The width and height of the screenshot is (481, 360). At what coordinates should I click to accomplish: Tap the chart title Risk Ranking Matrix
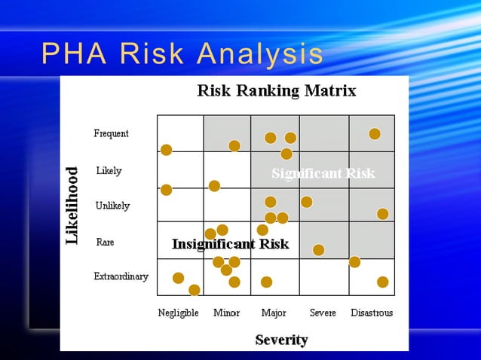point(276,91)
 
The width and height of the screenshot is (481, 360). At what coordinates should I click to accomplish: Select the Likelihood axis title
point(72,206)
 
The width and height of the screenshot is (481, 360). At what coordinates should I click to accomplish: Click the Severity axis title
point(281,340)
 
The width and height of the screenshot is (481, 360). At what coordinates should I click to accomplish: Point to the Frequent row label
point(111,134)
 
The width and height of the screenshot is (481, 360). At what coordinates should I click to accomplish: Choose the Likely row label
point(109,171)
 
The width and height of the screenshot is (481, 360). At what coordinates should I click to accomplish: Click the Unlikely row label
point(112,206)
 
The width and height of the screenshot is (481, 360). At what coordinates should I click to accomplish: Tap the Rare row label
point(105,243)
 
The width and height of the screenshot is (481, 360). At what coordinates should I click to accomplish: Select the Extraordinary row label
point(121,276)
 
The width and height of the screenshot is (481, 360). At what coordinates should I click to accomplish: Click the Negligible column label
point(178,313)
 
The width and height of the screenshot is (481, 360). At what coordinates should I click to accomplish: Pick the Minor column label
point(227,313)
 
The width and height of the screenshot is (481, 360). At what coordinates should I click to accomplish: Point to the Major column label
point(274,313)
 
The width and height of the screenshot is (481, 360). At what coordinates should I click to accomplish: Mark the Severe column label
point(323,313)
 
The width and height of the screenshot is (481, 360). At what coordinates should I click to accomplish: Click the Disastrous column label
point(372,313)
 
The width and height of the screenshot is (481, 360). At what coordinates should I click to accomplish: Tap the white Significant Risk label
point(323,174)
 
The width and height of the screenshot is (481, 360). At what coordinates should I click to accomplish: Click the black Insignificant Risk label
point(230,244)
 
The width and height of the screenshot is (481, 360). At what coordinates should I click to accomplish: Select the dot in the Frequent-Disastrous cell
point(375,134)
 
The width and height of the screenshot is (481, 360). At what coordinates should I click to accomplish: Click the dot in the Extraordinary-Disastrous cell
point(382,282)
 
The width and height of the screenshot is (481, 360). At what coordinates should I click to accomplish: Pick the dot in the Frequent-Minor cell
point(234,145)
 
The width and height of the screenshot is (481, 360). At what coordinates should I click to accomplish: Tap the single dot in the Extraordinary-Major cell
point(266,282)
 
